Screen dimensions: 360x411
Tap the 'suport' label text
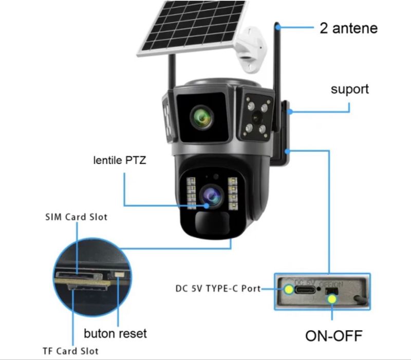(x=349, y=89)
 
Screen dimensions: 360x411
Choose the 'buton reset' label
(x=116, y=333)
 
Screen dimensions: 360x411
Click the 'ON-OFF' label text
(x=333, y=336)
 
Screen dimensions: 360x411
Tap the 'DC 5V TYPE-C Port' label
(x=218, y=289)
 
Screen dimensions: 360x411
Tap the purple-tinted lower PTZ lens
(x=212, y=195)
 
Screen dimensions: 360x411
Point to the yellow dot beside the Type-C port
(x=289, y=289)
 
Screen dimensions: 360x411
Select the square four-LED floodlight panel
(x=255, y=114)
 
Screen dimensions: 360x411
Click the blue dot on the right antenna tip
(x=277, y=24)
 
